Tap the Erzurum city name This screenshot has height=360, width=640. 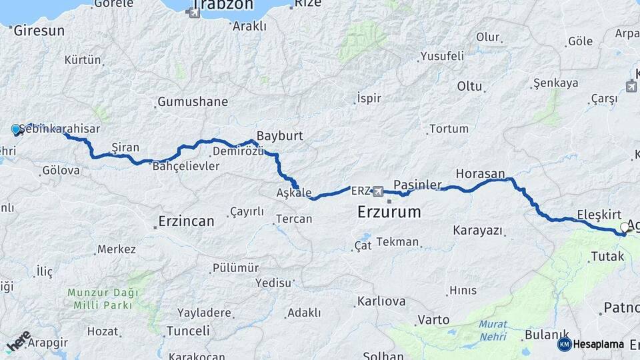coord(389,213)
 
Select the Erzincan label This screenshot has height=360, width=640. coord(187,221)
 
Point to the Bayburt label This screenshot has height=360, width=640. coord(280,135)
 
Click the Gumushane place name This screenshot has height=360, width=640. coord(192,102)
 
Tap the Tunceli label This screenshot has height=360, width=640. coord(188,331)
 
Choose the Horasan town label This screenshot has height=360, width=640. coord(480,173)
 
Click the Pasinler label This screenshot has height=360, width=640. coord(417,184)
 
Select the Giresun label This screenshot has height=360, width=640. coord(39,31)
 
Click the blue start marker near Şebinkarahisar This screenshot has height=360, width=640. coord(16,129)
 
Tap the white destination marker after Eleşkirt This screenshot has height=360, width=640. coord(625,228)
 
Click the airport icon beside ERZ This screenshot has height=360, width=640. coord(379,191)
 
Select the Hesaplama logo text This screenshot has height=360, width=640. coord(598,344)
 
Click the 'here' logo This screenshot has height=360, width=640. coord(18,341)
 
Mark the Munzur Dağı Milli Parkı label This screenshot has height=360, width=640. coord(103,299)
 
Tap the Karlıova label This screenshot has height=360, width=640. coord(381,301)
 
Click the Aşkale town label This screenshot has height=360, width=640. coord(294,193)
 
